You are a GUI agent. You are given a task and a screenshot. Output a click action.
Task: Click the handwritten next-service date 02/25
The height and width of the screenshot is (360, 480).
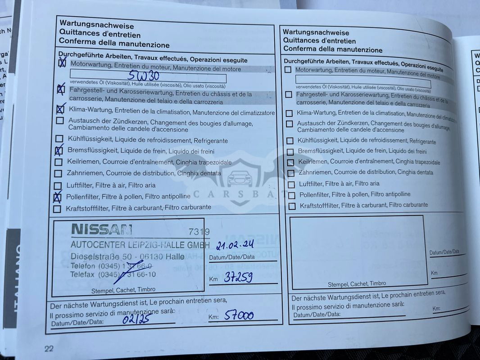click(x=136, y=319)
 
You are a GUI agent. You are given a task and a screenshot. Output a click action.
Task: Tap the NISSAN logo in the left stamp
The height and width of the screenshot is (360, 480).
click(x=102, y=229)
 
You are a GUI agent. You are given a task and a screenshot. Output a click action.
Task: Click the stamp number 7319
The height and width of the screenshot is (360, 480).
click(x=199, y=232)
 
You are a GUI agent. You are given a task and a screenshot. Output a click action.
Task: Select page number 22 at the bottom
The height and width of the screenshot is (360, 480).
click(x=49, y=348)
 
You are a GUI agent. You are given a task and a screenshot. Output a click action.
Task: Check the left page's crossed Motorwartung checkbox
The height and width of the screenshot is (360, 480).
click(x=62, y=64)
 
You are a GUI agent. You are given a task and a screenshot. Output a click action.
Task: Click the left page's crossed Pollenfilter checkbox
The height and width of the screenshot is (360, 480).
click(x=57, y=197)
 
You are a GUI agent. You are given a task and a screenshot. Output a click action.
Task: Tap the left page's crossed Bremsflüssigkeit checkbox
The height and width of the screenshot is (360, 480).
click(x=59, y=151)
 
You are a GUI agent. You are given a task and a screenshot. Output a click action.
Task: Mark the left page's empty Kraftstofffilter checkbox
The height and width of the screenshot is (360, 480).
click(x=57, y=209)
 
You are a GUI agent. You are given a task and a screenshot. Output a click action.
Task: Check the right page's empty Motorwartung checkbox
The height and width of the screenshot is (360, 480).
click(x=288, y=70)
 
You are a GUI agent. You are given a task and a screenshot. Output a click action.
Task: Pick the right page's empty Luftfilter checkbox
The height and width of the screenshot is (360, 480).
click(x=291, y=184)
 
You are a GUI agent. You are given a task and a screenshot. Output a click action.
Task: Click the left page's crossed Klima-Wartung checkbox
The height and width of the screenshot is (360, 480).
click(x=60, y=109)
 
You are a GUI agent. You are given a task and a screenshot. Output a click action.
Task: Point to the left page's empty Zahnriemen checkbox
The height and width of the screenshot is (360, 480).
click(x=58, y=174)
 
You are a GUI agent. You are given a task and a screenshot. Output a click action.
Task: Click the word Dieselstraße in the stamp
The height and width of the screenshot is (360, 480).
click(x=91, y=256)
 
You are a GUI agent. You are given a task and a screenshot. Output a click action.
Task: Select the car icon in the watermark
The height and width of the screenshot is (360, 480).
click(x=240, y=178)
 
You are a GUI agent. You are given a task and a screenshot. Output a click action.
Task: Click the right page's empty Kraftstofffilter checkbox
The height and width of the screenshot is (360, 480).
click(x=292, y=206)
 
